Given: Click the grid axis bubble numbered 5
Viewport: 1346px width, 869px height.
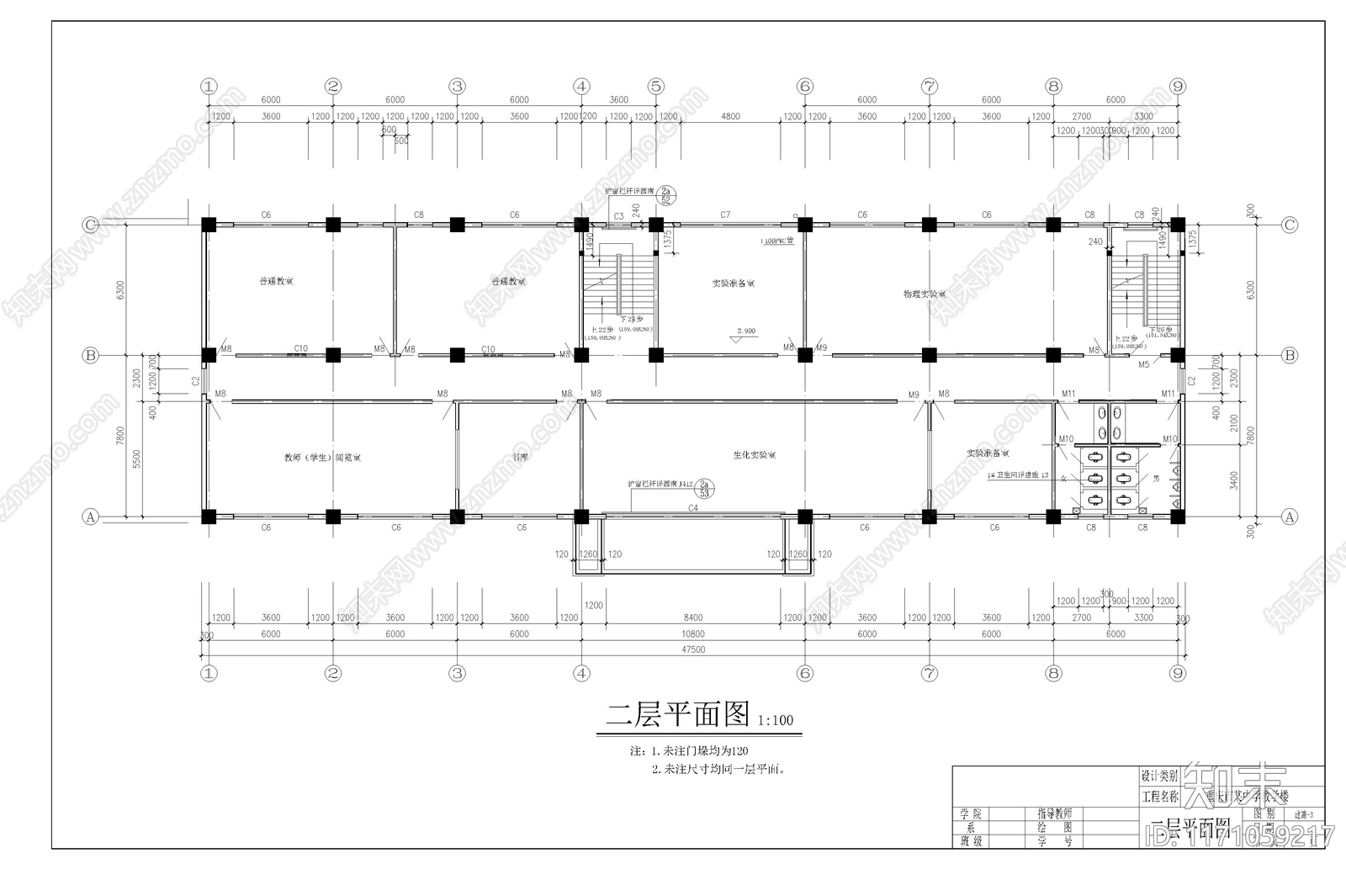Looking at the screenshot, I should [x=656, y=86].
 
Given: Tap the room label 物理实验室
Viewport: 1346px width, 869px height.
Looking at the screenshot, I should [x=925, y=294].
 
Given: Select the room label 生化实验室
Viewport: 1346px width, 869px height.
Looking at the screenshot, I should [x=754, y=455].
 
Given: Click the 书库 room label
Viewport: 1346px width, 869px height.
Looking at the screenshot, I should [x=521, y=458].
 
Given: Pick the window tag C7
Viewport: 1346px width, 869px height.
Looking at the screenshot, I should [x=725, y=215].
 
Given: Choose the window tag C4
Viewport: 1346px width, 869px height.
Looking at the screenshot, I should [x=693, y=508].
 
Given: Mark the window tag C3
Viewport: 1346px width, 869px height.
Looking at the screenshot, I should [x=618, y=217].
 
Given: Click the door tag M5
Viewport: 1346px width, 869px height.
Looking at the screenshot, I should [x=1143, y=365].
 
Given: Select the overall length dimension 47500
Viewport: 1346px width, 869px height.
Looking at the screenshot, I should [x=693, y=649].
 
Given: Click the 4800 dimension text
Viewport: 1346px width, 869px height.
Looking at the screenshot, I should [x=730, y=117].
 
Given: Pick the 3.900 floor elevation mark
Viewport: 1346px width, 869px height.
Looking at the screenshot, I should [x=746, y=331].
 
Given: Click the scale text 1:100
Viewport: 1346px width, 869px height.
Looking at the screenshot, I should [x=776, y=721].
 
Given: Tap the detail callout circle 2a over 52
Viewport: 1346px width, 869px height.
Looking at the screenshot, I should [x=665, y=195].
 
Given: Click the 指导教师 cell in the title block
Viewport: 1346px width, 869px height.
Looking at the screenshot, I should [x=1054, y=814].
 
